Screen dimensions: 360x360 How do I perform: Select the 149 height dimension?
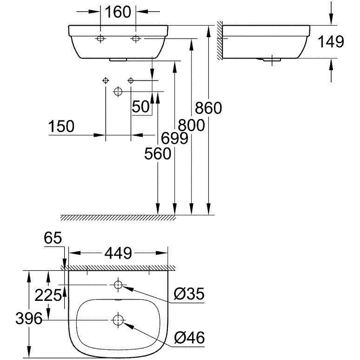[x=331, y=41]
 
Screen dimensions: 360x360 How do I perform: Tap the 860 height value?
[x=209, y=108]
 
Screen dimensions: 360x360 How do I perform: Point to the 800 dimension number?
[x=192, y=124]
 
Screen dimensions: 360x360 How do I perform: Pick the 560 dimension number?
[x=158, y=153]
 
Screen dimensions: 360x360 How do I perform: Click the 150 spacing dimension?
[x=61, y=126]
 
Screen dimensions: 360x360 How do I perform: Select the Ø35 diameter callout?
[x=188, y=294]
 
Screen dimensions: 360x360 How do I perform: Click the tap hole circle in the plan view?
[x=118, y=284]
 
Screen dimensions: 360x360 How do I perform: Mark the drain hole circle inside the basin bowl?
[x=118, y=320]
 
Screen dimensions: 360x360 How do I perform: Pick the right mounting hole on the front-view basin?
[x=136, y=39]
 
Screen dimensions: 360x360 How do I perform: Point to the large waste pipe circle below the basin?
[x=118, y=92]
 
